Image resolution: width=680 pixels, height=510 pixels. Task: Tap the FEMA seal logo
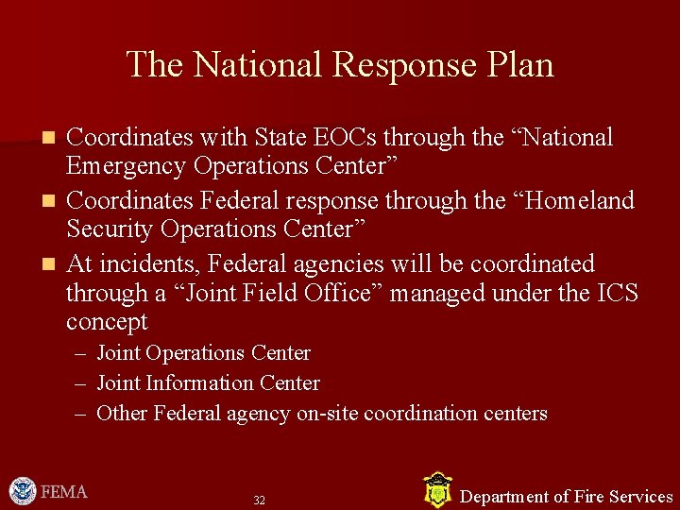click(x=22, y=491)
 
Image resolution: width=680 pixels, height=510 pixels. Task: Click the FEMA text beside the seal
click(x=64, y=492)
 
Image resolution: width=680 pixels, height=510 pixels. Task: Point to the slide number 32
click(x=259, y=500)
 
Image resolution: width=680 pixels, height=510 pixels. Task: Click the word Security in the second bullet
click(x=107, y=229)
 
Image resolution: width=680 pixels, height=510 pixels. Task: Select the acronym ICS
click(x=618, y=293)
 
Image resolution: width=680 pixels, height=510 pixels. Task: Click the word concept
click(x=107, y=322)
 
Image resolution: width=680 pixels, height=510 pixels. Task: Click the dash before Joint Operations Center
click(x=79, y=354)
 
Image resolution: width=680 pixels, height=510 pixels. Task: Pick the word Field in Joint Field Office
click(x=270, y=293)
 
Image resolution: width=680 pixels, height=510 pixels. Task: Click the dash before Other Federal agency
click(x=79, y=415)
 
